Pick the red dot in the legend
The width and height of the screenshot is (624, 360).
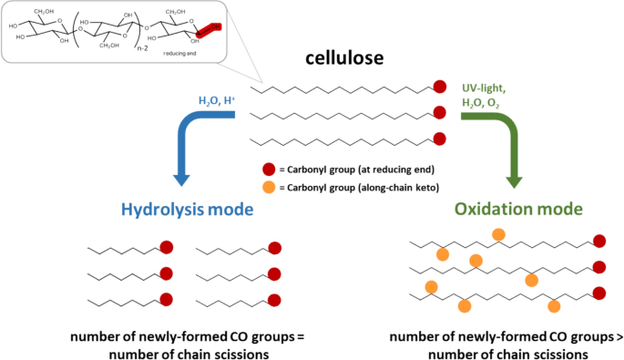[268, 170]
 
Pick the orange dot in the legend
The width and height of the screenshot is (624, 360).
[268, 189]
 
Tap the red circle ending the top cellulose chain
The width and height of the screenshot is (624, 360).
[439, 88]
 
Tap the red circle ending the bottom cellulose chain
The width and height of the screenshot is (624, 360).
[439, 139]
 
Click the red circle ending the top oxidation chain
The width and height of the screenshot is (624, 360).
[598, 241]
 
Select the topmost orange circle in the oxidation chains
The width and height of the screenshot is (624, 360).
[498, 234]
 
